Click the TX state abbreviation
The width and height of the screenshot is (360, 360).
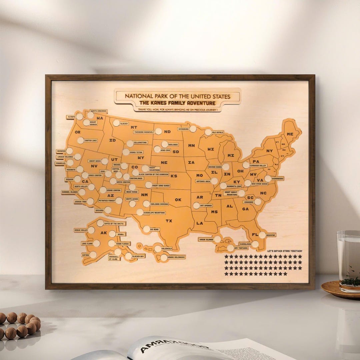[169, 221]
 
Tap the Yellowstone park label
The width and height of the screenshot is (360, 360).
[140, 142]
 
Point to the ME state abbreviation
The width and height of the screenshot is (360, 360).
[290, 134]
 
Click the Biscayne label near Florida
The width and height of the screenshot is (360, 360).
[271, 235]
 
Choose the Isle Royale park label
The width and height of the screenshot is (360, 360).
[217, 132]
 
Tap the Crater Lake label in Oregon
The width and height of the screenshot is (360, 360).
[91, 141]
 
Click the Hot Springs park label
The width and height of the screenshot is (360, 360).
[206, 206]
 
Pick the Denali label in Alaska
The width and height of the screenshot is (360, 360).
[121, 234]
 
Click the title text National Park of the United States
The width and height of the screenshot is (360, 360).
[177, 96]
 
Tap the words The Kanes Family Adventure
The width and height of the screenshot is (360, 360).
[177, 103]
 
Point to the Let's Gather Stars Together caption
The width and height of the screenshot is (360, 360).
[285, 251]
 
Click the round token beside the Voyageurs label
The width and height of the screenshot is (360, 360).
[193, 129]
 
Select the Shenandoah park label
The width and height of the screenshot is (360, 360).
[277, 178]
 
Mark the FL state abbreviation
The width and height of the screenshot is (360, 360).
[255, 234]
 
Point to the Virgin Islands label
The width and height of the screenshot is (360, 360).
[206, 239]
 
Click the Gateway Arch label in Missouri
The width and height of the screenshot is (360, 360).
[203, 181]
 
